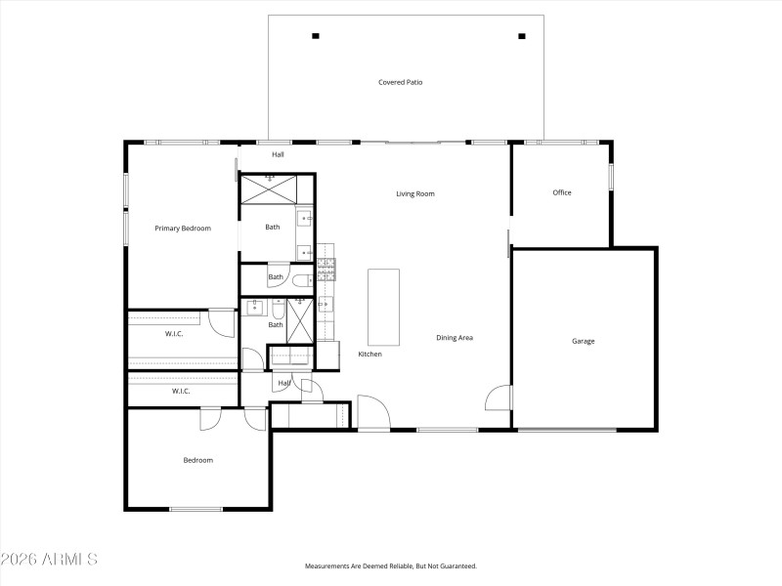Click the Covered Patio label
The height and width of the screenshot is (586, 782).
pyautogui.click(x=406, y=82)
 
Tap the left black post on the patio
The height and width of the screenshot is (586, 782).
pyautogui.click(x=315, y=36)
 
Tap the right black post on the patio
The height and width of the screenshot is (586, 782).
pyautogui.click(x=521, y=36)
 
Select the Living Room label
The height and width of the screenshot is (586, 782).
pyautogui.click(x=414, y=193)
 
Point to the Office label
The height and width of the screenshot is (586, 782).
pyautogui.click(x=561, y=192)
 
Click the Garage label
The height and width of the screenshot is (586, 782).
pyautogui.click(x=583, y=341)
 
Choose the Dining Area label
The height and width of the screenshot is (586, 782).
pyautogui.click(x=455, y=338)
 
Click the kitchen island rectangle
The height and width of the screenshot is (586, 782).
pyautogui.click(x=383, y=307)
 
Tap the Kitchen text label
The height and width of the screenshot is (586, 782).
pyautogui.click(x=369, y=354)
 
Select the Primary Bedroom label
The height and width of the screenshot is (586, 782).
pyautogui.click(x=183, y=229)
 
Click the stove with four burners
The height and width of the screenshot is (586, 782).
pyautogui.click(x=326, y=264)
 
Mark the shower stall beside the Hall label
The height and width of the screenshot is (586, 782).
pyautogui.click(x=277, y=188)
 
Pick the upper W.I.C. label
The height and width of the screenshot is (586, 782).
pyautogui.click(x=174, y=334)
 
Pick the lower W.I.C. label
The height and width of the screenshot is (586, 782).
pyautogui.click(x=181, y=391)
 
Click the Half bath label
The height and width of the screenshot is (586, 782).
pyautogui.click(x=284, y=383)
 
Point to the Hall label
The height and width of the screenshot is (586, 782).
pyautogui.click(x=278, y=154)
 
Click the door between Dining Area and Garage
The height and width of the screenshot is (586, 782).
pyautogui.click(x=500, y=398)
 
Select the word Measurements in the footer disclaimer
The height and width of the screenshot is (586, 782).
pyautogui.click(x=328, y=565)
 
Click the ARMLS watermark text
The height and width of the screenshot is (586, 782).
pyautogui.click(x=49, y=560)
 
